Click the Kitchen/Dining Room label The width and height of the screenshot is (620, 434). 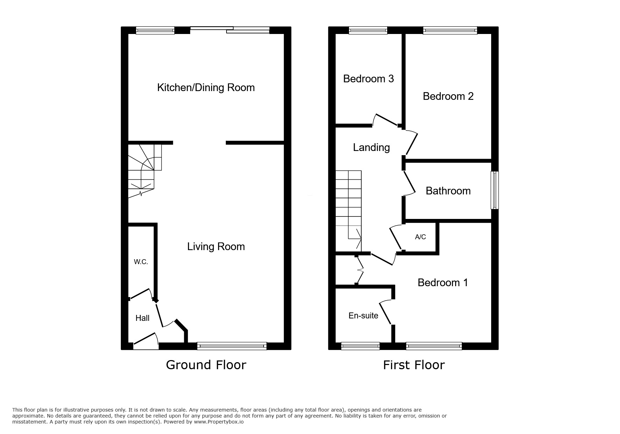206,88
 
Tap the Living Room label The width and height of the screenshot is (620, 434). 216,247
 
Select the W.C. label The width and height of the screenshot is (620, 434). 141,262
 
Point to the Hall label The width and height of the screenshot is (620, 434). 142,318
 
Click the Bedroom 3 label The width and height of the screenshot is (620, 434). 368,79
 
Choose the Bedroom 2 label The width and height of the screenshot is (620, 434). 448,96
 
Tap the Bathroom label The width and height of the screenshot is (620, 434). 448,191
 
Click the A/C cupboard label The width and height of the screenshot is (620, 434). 420,237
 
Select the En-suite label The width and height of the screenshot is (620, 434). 363,316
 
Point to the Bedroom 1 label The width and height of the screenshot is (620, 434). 443,283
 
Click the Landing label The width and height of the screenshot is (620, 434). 371,147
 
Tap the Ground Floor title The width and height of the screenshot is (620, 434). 206,365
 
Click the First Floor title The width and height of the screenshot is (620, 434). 413,365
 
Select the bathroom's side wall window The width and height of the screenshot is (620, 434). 494,190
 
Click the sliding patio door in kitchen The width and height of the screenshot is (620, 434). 230,30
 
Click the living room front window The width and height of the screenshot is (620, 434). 232,346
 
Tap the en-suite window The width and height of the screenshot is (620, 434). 360,346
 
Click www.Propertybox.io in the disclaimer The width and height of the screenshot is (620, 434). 218,422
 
